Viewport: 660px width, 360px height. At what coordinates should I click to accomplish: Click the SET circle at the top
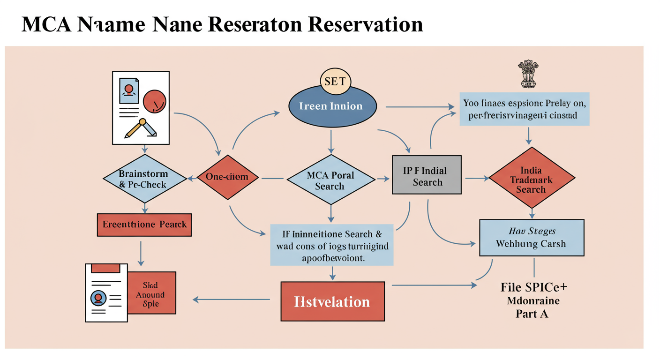(x=335, y=82)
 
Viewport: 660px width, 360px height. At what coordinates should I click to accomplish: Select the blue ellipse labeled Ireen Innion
(x=331, y=106)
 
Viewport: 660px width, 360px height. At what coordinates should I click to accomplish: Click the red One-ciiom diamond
(x=226, y=177)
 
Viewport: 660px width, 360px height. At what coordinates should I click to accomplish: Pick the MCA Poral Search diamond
(x=330, y=180)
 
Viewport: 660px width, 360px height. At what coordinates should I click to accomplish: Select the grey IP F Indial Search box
(x=427, y=175)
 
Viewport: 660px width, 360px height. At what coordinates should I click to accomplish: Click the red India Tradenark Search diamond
(x=531, y=179)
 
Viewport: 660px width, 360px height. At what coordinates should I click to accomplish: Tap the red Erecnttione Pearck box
(x=144, y=225)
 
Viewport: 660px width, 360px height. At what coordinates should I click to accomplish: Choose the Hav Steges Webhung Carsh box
(x=531, y=237)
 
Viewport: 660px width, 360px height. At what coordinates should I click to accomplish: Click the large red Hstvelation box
(x=332, y=301)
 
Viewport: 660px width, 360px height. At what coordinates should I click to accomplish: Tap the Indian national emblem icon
(x=528, y=74)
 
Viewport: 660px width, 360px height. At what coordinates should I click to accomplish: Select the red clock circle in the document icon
(x=154, y=101)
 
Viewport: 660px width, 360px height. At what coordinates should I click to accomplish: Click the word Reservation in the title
(x=365, y=24)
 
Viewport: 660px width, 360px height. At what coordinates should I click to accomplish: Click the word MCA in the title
(x=46, y=24)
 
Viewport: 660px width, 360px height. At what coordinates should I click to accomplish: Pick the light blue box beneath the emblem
(x=524, y=109)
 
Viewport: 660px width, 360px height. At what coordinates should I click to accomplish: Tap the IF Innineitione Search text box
(x=332, y=245)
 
